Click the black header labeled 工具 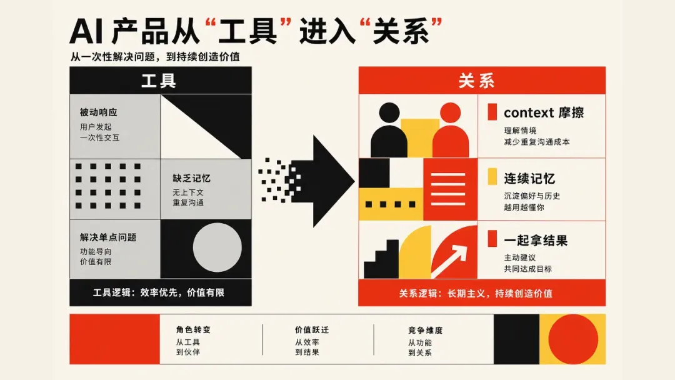point(161,81)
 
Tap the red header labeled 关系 point(482,81)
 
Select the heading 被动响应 point(99,112)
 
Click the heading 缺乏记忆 point(192,178)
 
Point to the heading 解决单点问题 point(108,237)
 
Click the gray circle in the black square point(217,247)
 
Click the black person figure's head point(389,112)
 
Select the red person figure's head point(451,112)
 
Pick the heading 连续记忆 point(529,179)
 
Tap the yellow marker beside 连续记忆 point(492,176)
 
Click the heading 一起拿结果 point(536,241)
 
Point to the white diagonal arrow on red point(449,261)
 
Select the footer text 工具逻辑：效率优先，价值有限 point(159,292)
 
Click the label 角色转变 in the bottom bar point(193,329)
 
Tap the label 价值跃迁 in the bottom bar point(312,329)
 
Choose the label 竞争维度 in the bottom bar point(426,330)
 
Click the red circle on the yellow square point(573,339)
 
